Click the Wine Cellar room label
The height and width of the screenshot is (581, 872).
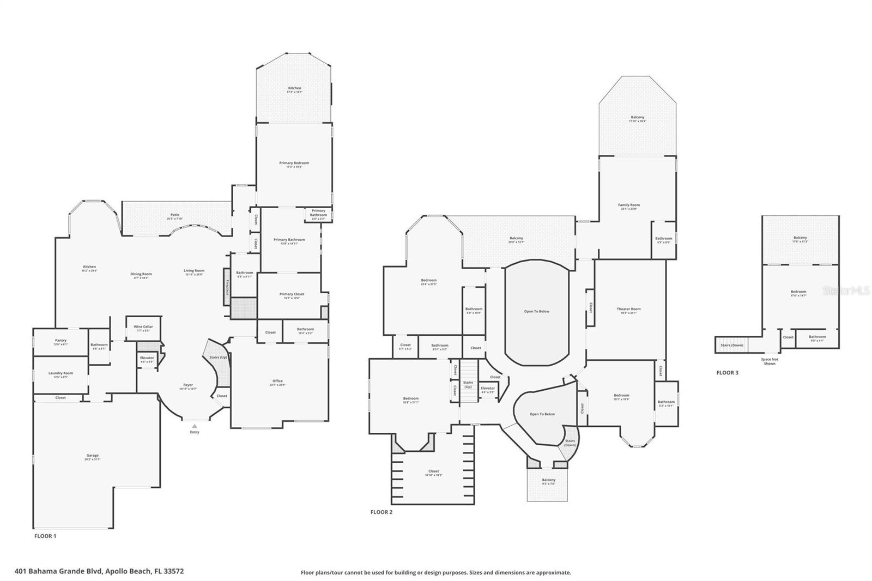[x=143, y=327]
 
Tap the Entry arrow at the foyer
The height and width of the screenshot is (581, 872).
[x=195, y=426]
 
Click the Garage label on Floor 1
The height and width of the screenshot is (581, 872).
[x=93, y=456]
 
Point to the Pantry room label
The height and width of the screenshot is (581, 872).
[x=60, y=341]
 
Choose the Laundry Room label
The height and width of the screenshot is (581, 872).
[x=60, y=373]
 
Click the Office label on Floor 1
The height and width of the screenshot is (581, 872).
[x=277, y=381]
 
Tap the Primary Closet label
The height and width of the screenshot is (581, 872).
[x=292, y=294]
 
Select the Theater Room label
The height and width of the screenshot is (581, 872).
[x=628, y=309]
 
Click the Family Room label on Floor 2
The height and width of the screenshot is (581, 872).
[x=628, y=205]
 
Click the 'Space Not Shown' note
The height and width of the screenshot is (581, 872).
[x=769, y=361]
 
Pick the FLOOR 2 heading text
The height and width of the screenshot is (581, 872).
[x=381, y=512]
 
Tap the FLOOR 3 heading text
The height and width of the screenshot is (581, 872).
[x=727, y=373]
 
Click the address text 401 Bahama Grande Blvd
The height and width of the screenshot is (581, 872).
[x=99, y=572]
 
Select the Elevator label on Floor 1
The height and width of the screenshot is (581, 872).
[x=147, y=358]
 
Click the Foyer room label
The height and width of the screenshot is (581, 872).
[x=188, y=385]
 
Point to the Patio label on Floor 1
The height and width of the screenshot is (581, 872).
[x=174, y=215]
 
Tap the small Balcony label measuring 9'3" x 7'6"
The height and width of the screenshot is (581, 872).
[x=548, y=480]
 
